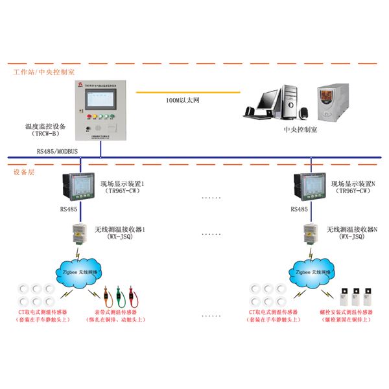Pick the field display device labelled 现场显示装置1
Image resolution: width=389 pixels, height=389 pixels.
[x=80, y=188]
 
